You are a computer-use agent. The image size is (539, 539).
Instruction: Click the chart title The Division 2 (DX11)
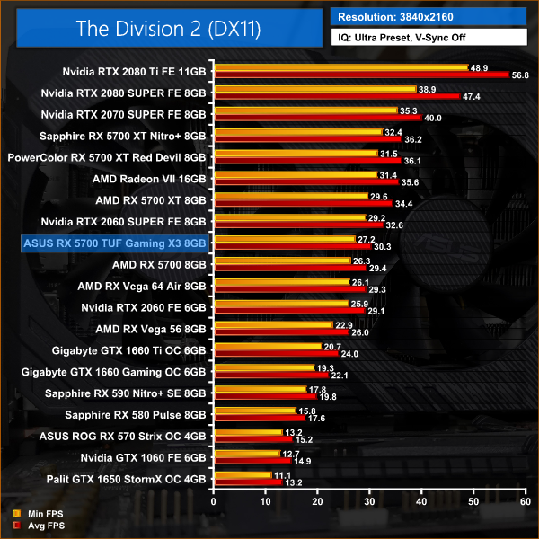pos(161,29)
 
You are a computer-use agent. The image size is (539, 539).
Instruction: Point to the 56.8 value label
pos(522,76)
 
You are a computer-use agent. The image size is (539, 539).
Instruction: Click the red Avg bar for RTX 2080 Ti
pos(360,75)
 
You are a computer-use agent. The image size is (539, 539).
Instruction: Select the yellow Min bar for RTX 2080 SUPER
pos(314,89)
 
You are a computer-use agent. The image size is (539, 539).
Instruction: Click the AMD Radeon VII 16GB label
pos(145,178)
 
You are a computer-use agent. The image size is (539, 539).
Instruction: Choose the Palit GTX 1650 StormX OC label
pos(130,479)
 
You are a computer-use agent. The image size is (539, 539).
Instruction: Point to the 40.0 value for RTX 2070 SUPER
pos(435,118)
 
